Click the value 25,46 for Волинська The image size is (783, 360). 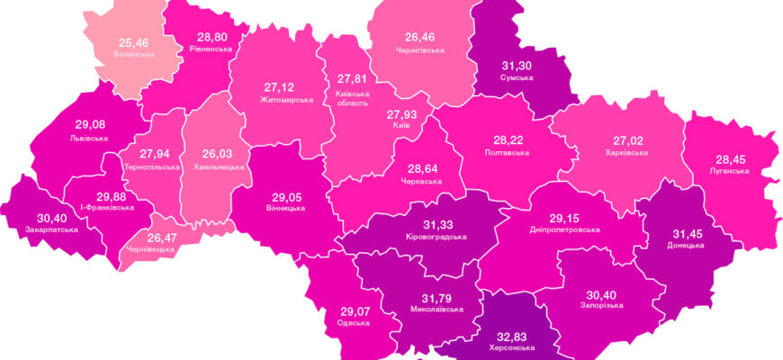[133, 41]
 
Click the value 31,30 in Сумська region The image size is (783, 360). [516, 65]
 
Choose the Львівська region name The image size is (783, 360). [88, 139]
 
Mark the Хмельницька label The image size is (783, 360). [212, 166]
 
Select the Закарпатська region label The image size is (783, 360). [52, 229]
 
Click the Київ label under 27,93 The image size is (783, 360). [402, 126]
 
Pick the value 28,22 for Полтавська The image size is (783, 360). [510, 140]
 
